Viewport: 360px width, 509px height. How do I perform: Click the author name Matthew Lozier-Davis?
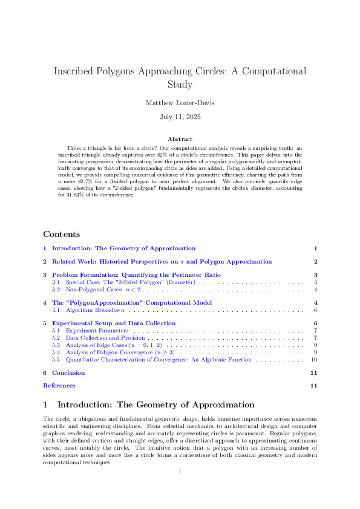180,103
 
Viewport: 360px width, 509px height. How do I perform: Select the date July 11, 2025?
180,117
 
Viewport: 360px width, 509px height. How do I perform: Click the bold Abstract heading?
180,139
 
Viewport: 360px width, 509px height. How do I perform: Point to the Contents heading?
61,234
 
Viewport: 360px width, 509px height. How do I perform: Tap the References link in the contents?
59,385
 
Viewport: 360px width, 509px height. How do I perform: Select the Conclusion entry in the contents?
68,373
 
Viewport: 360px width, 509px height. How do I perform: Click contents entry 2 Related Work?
162,262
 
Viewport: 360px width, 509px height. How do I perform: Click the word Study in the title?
180,84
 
